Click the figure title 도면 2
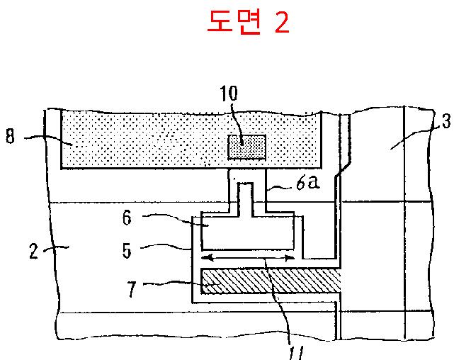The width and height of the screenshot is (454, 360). point(247,23)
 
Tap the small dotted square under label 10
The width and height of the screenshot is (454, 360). point(246,147)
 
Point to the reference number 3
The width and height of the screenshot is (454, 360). point(445,121)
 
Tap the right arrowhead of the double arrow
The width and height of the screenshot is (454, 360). point(291,259)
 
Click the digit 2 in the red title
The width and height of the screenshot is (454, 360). point(281,23)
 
